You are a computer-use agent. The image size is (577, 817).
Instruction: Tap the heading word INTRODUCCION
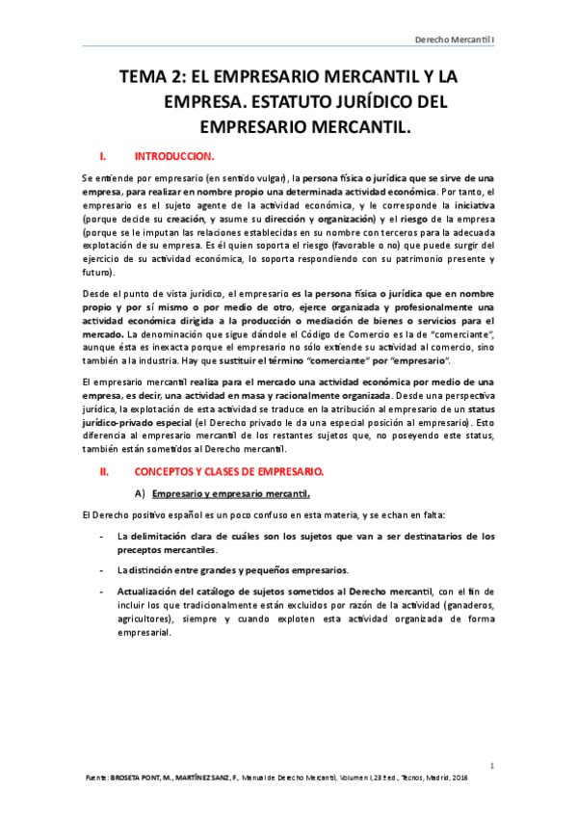174,155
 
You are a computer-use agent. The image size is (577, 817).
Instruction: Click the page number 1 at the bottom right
491,766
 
